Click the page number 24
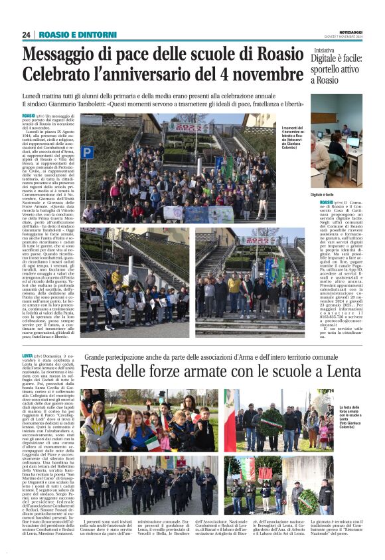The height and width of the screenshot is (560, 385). [26, 35]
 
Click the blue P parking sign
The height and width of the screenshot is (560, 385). [87, 152]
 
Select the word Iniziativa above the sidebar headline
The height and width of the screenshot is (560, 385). [325, 50]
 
